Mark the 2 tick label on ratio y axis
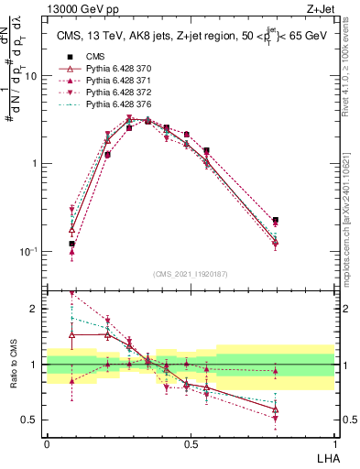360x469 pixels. point(35,310)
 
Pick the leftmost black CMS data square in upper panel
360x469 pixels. point(71,244)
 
